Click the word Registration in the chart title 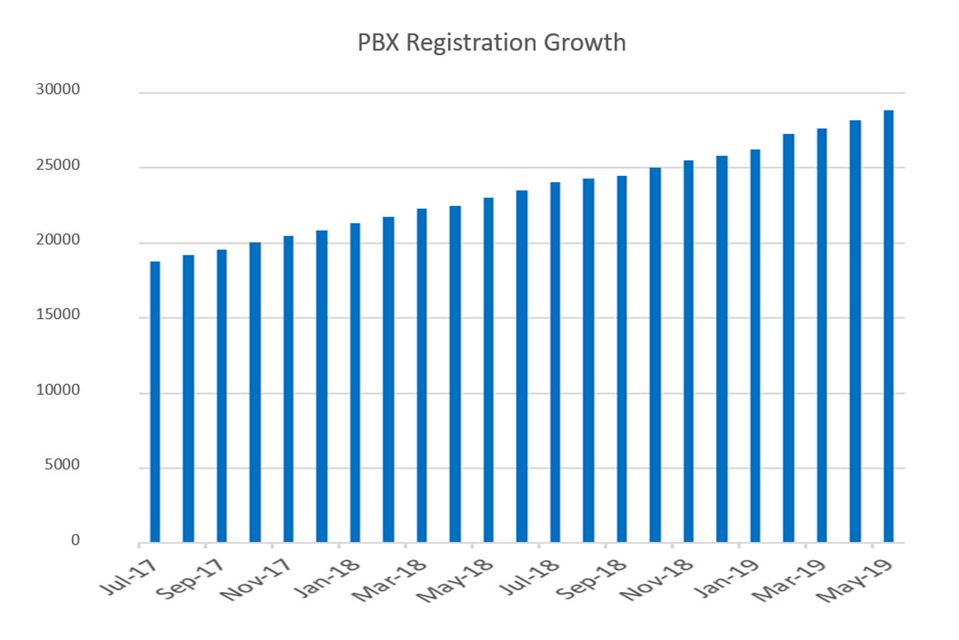tap(472, 43)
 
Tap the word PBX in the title tap(378, 43)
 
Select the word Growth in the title tap(585, 43)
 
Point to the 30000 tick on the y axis tap(58, 89)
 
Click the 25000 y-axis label tap(58, 165)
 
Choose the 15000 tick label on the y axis tap(58, 314)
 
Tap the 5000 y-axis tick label tap(62, 465)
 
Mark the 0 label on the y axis tap(75, 540)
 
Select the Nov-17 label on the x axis tap(256, 579)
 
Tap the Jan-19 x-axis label tap(726, 577)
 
